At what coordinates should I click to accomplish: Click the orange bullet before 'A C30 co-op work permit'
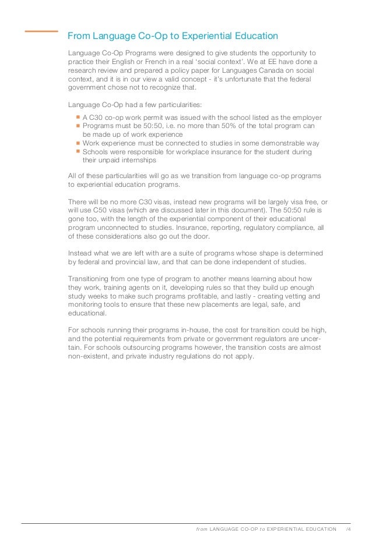pos(78,117)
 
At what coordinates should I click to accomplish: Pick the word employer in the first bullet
pos(306,118)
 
